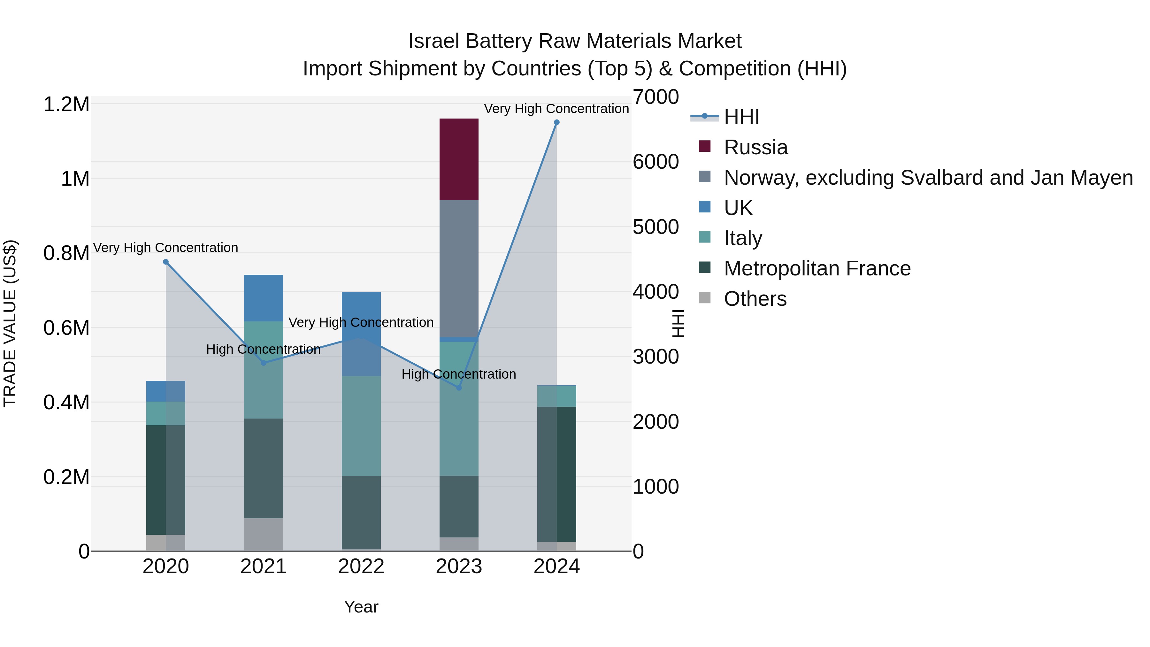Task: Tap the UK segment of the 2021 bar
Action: pyautogui.click(x=264, y=298)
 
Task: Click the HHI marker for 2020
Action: pyautogui.click(x=165, y=262)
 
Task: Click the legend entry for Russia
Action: pyautogui.click(x=755, y=147)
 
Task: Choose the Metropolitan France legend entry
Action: pyautogui.click(x=816, y=268)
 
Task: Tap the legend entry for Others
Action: pyautogui.click(x=755, y=299)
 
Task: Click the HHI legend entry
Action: pyautogui.click(x=741, y=117)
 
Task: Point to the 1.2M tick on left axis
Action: pyautogui.click(x=66, y=104)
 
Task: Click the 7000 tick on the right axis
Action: pyautogui.click(x=655, y=97)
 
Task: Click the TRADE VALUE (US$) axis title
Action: pyautogui.click(x=10, y=323)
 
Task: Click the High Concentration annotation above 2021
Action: pyautogui.click(x=264, y=349)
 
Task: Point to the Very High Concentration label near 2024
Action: pyautogui.click(x=556, y=109)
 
